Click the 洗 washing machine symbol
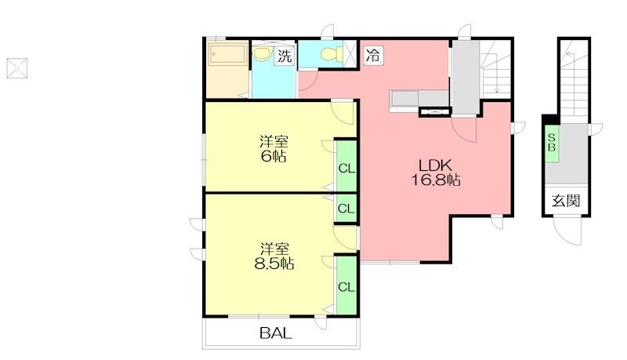[285, 56]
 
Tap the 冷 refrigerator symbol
[374, 55]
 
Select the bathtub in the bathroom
[228, 54]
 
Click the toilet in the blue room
[332, 53]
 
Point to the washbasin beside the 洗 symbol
[263, 54]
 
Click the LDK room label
[435, 165]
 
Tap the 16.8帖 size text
[436, 180]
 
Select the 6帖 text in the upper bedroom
[274, 156]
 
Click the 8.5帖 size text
[274, 264]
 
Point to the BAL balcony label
[276, 333]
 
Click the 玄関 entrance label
[566, 201]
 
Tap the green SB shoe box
[552, 143]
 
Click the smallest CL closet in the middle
[346, 208]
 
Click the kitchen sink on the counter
[404, 98]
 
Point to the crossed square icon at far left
[16, 68]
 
